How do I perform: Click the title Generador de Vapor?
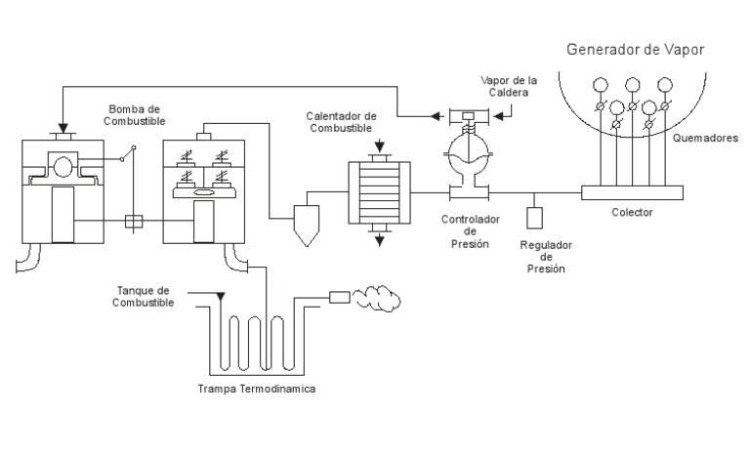coord(635,49)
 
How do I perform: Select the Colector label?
coord(636,211)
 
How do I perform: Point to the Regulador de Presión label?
coord(545,256)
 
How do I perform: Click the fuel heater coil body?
coord(375,187)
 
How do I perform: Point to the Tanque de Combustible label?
coord(145,297)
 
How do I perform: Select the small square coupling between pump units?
coord(136,222)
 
